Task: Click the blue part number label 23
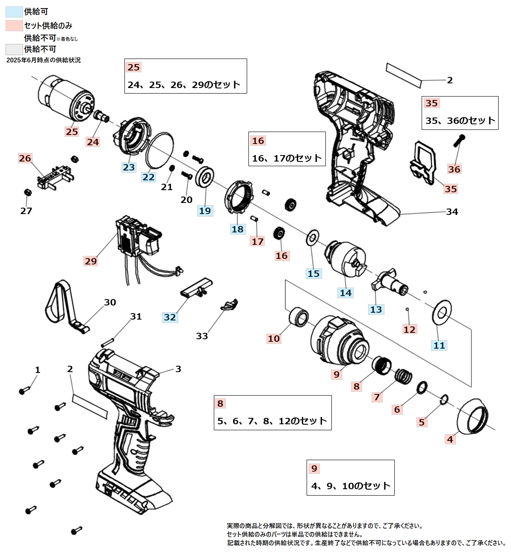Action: pyautogui.click(x=129, y=167)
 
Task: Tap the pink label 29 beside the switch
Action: pyautogui.click(x=91, y=261)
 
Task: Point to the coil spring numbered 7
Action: pyautogui.click(x=403, y=377)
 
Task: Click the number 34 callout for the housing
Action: pyautogui.click(x=452, y=211)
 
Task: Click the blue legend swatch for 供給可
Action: pyautogui.click(x=14, y=12)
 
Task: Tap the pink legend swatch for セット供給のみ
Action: pyautogui.click(x=14, y=26)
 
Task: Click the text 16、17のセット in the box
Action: pyautogui.click(x=287, y=158)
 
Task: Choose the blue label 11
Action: pyautogui.click(x=439, y=345)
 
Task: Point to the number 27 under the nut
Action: pyautogui.click(x=26, y=211)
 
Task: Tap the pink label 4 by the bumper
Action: pyautogui.click(x=450, y=439)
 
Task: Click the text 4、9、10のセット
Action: pyautogui.click(x=351, y=486)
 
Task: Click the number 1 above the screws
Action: pyautogui.click(x=38, y=370)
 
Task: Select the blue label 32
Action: pyautogui.click(x=170, y=317)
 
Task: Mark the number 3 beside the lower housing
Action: pyautogui.click(x=178, y=369)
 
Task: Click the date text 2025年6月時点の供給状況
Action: pyautogui.click(x=44, y=60)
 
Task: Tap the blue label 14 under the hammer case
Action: pyautogui.click(x=346, y=293)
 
